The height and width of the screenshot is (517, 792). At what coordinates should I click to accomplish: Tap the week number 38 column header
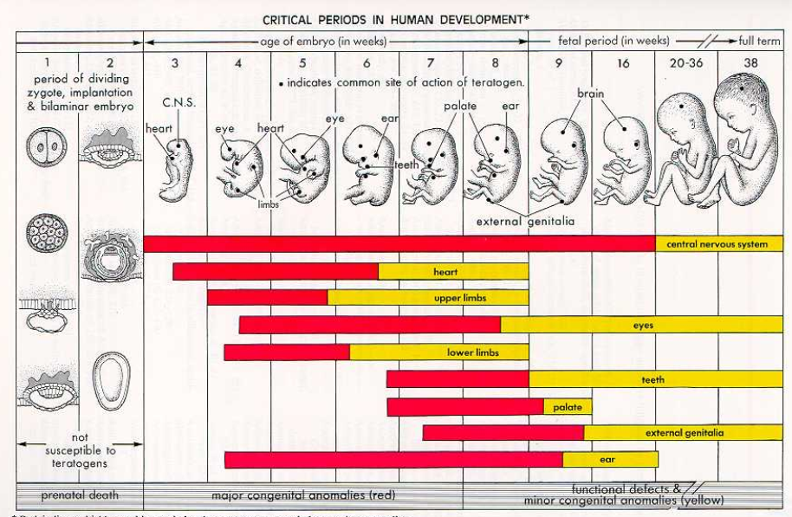tap(750, 63)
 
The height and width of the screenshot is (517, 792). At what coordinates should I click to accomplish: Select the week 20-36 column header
tap(685, 63)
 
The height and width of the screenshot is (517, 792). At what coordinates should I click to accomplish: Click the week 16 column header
tap(623, 63)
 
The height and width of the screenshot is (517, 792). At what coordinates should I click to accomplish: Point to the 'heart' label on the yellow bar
tap(445, 272)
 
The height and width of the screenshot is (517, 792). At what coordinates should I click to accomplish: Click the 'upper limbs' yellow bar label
tap(459, 298)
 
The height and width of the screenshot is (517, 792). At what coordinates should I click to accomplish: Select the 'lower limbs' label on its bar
tap(472, 352)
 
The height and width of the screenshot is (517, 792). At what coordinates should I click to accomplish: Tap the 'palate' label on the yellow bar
tap(568, 407)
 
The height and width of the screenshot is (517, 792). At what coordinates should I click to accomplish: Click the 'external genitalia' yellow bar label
tap(685, 433)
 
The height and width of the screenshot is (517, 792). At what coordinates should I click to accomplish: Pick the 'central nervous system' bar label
tap(717, 244)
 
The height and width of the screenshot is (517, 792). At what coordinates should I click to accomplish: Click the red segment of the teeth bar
tap(458, 379)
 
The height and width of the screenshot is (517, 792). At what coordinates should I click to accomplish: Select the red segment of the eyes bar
tap(369, 326)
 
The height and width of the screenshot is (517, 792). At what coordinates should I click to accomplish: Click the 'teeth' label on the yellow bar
tap(652, 379)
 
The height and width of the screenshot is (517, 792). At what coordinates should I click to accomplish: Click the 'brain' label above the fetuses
tap(592, 93)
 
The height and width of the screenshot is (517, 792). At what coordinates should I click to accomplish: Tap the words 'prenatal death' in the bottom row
tap(80, 496)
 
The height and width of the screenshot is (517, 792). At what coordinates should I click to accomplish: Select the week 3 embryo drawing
tap(175, 169)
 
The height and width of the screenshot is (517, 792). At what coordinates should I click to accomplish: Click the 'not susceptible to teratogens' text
tap(81, 451)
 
